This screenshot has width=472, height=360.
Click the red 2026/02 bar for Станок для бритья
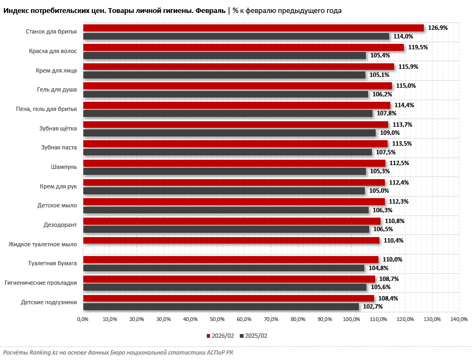tap(253, 28)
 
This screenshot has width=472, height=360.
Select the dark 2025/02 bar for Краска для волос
tap(225, 56)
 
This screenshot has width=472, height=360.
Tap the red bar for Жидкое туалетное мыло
tap(231, 240)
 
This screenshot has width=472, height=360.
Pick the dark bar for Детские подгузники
tap(221, 306)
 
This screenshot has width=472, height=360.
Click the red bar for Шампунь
tap(234, 163)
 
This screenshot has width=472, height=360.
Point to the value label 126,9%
tap(438, 28)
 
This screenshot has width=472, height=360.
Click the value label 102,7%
tap(373, 306)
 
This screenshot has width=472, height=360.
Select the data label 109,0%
tap(390, 133)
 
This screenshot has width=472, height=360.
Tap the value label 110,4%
tap(394, 240)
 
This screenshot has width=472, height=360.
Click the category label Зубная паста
tap(59, 147)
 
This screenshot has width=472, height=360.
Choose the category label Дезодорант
tap(60, 225)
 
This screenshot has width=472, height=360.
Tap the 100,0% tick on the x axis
tap(351, 319)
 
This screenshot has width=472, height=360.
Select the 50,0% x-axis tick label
tap(217, 319)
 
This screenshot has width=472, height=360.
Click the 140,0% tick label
tap(458, 319)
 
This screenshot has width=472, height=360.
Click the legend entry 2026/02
tap(222, 336)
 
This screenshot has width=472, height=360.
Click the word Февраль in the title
tap(211, 10)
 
